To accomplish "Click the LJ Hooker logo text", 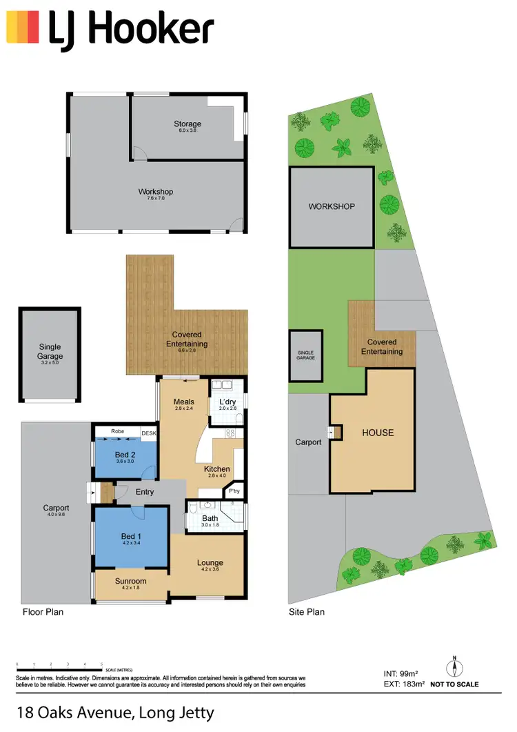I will coord(131,30).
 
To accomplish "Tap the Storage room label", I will coord(187,124).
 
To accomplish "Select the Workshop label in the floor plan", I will coord(155,192).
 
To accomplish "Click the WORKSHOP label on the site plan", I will coord(331,206).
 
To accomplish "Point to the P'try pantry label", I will coord(233,492).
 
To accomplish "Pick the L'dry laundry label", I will coord(228,402).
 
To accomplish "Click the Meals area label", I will coord(183,402).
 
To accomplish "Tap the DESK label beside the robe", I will coord(149,433).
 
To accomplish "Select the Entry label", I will coord(145,492).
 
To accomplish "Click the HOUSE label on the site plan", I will coord(378,433).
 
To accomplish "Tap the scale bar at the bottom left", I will coord(59,670).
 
